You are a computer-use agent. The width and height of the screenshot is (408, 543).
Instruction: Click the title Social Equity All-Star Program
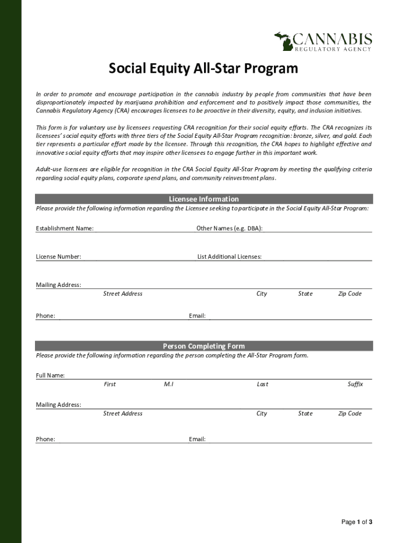(203, 69)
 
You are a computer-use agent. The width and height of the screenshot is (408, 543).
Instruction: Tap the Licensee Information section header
(203, 199)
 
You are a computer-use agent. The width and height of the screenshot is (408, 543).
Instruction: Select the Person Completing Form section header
(203, 346)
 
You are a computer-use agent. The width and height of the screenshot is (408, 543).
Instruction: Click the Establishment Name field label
(65, 229)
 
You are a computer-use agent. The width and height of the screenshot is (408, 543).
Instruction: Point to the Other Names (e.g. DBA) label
(229, 229)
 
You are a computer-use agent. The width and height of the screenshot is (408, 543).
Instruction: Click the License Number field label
(58, 257)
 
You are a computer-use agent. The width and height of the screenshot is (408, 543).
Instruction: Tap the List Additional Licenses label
(229, 257)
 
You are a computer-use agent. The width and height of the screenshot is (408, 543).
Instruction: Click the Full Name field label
(50, 375)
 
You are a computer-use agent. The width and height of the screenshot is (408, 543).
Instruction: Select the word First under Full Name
(110, 384)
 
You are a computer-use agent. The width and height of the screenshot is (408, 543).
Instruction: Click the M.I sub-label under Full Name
(169, 384)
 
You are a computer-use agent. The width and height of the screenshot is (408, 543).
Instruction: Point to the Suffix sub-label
(355, 384)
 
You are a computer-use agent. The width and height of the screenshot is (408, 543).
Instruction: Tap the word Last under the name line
(262, 384)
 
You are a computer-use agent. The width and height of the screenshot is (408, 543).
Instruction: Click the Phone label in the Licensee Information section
(46, 316)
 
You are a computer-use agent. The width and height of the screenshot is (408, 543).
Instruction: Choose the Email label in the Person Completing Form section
(197, 439)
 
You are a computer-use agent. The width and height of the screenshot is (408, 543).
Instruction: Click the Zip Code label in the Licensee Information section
(350, 294)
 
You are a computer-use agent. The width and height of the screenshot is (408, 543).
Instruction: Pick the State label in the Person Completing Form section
(305, 414)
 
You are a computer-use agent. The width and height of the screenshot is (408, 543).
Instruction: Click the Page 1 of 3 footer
(357, 522)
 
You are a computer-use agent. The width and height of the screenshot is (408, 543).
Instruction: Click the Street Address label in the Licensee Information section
(122, 294)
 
